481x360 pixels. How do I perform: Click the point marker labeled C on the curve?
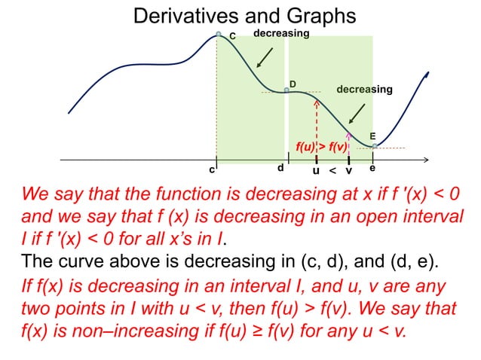point(219,35)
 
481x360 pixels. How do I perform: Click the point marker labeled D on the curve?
point(286,91)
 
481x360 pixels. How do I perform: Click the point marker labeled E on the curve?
point(375,146)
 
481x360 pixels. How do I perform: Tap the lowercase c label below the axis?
point(212,170)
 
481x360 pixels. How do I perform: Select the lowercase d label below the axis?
point(280,167)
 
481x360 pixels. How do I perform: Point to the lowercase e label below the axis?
point(372,168)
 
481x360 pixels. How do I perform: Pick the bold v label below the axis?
point(348,171)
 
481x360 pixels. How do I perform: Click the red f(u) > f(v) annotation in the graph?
point(320,147)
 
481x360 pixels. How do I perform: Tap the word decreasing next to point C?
point(280,34)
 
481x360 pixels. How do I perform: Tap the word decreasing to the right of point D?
point(364,90)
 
